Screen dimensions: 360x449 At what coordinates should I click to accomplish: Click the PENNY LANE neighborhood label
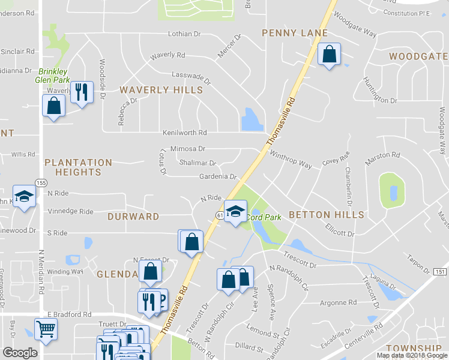[294, 33]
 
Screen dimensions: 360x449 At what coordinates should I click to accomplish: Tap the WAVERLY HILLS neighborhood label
[161, 90]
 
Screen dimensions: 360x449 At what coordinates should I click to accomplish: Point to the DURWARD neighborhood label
[133, 216]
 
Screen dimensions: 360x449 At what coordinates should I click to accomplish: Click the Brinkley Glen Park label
[54, 75]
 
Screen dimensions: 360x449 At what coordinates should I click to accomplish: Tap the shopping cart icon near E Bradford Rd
[46, 329]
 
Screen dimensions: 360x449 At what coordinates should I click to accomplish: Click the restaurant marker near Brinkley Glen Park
[82, 93]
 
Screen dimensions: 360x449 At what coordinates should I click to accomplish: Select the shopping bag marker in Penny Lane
[329, 55]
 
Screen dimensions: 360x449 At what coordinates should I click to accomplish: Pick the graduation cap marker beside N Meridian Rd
[24, 197]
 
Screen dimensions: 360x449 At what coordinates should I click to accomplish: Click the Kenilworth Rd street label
[185, 133]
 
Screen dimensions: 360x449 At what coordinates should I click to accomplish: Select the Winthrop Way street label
[291, 160]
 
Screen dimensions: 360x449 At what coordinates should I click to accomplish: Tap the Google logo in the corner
[20, 353]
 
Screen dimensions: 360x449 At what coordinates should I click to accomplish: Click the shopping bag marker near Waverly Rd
[54, 106]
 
